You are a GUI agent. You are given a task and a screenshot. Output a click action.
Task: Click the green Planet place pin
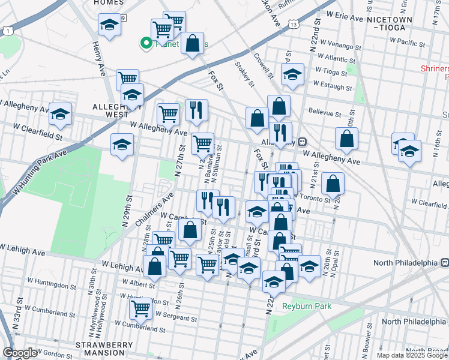[145, 43]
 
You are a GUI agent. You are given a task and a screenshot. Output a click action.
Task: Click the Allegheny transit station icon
[303, 142]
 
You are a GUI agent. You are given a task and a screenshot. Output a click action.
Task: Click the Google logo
[20, 353]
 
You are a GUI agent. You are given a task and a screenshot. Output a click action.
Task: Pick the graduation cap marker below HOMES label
[109, 25]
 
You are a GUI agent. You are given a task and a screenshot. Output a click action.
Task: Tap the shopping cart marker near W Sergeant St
[140, 308]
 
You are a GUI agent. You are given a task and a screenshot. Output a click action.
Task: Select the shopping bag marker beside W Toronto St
[333, 182]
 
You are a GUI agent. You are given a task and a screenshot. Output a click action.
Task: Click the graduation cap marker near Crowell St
[292, 74]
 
